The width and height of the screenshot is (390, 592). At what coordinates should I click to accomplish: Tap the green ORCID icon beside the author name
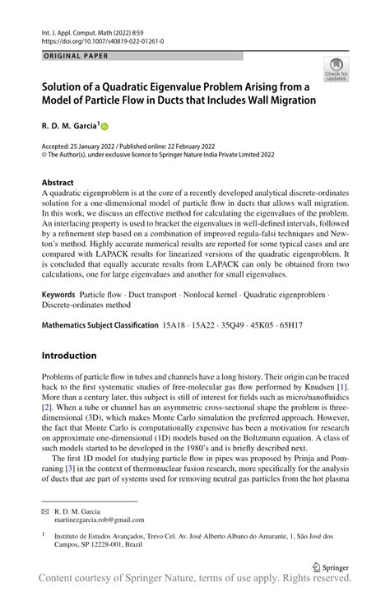pyautogui.click(x=105, y=126)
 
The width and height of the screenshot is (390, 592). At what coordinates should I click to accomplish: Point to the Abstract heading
pyautogui.click(x=58, y=183)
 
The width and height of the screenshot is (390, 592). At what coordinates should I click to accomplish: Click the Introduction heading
pyautogui.click(x=69, y=356)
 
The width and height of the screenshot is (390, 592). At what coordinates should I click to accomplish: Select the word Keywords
pyautogui.click(x=59, y=294)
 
